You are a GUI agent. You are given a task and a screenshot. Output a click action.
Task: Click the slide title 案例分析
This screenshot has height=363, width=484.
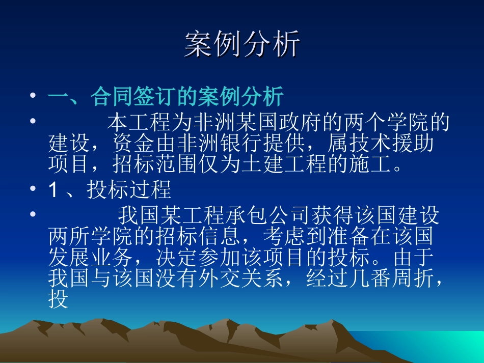(242, 44)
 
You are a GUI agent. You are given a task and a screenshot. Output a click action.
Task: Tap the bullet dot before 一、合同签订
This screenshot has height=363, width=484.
(33, 96)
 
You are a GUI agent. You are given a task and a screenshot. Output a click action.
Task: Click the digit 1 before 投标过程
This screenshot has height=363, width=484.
(53, 190)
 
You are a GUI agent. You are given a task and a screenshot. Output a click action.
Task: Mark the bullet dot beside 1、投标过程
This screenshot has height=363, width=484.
(33, 190)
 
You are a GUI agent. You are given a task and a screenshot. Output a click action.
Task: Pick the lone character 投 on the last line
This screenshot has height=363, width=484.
(58, 300)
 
